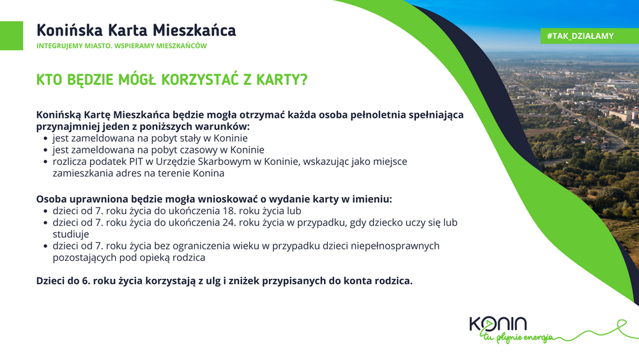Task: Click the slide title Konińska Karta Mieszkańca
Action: point(136,31)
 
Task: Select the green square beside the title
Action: point(12,36)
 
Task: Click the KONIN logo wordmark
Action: point(498,324)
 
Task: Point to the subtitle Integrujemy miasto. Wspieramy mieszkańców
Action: point(121,45)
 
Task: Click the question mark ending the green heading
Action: point(303,79)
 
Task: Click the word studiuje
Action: point(70,235)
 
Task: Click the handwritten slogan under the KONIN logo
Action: point(517,338)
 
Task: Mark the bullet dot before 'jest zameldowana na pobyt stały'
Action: point(45,139)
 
